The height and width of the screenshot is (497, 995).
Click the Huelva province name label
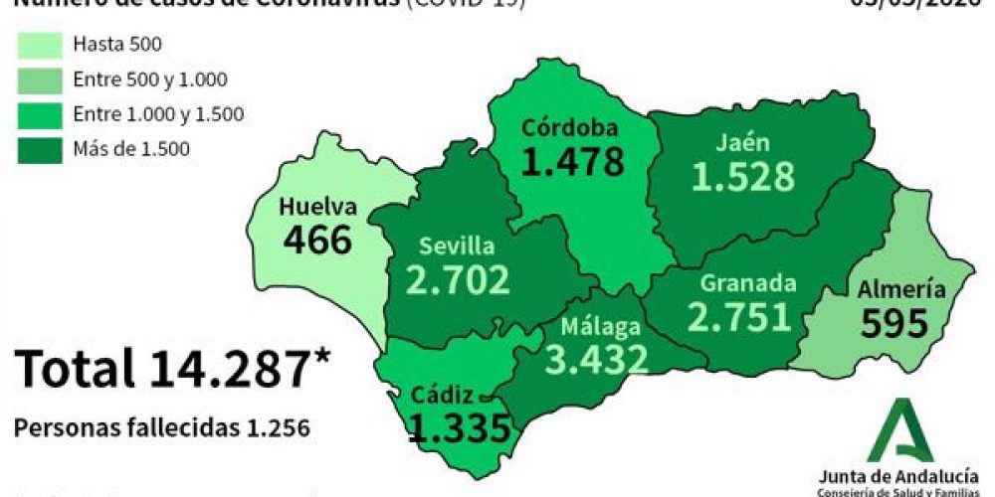click(317, 207)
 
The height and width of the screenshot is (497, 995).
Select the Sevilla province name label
click(457, 247)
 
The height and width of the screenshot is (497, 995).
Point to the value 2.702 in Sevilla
click(458, 280)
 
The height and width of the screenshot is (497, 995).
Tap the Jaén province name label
click(742, 142)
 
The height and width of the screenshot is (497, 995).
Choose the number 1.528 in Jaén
click(743, 176)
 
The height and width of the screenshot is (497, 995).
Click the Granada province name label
click(747, 283)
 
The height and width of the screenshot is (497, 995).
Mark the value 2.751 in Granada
click(739, 316)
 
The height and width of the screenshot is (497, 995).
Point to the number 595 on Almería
click(895, 323)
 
